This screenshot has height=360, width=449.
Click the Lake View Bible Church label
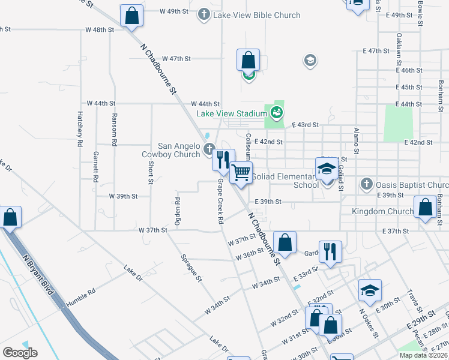[x=257, y=15]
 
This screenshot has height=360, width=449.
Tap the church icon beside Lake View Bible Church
[x=204, y=13]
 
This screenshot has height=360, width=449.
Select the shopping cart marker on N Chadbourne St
[x=241, y=173]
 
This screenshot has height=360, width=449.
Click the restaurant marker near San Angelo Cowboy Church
[x=223, y=160]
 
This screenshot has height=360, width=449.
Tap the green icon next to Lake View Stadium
[x=276, y=112]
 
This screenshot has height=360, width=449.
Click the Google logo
[x=20, y=353]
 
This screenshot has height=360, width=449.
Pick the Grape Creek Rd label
[x=220, y=201]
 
